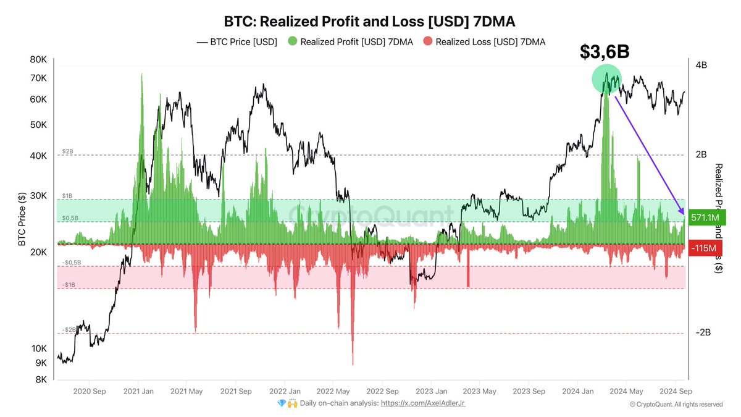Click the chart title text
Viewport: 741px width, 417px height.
click(369, 22)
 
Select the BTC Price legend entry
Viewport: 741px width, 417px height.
click(237, 42)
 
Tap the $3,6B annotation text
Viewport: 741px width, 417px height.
click(605, 52)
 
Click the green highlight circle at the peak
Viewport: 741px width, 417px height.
click(606, 78)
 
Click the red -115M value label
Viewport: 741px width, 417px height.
click(704, 248)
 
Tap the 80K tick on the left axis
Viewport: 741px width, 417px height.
click(38, 60)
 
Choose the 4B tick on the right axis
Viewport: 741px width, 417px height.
click(702, 65)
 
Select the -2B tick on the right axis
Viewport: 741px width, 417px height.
click(703, 332)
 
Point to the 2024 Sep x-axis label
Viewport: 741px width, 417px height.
click(675, 392)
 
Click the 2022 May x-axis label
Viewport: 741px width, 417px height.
click(333, 392)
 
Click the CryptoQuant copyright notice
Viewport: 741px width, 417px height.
click(676, 405)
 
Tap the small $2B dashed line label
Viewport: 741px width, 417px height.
click(68, 151)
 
